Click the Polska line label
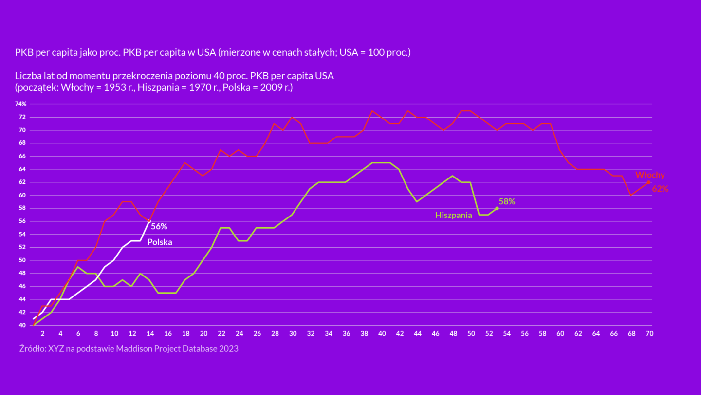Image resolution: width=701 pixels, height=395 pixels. click(x=160, y=242)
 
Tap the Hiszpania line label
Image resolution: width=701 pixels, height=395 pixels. click(x=453, y=215)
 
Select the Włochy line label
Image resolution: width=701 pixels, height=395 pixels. click(x=650, y=175)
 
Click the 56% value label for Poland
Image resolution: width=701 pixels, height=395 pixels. click(x=159, y=226)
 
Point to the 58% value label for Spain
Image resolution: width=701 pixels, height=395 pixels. click(x=507, y=201)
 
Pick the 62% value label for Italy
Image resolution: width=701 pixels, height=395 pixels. click(x=660, y=189)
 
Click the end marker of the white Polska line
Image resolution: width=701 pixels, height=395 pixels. click(x=149, y=221)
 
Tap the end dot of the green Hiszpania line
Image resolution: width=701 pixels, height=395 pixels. click(x=497, y=208)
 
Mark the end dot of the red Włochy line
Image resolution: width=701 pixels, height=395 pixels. click(x=648, y=182)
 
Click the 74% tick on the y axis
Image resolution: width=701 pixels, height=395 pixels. click(x=20, y=104)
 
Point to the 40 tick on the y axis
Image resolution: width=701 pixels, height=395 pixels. click(x=22, y=325)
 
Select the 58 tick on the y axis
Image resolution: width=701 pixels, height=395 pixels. click(x=22, y=208)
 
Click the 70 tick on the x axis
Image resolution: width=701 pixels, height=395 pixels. click(x=649, y=334)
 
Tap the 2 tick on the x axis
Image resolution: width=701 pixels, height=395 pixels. click(x=42, y=334)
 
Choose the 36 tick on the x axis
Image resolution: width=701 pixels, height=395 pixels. click(x=346, y=334)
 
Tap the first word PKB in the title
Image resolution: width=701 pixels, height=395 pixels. click(x=23, y=52)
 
